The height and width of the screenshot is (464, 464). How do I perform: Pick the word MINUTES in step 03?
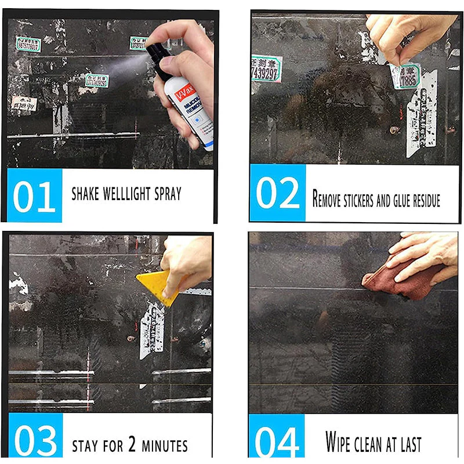click(x=166, y=446)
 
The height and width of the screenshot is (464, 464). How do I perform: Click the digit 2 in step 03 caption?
click(x=132, y=445)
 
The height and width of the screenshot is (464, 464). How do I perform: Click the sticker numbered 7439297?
click(x=266, y=69)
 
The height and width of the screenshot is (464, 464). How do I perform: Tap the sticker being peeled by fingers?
click(x=404, y=76)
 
